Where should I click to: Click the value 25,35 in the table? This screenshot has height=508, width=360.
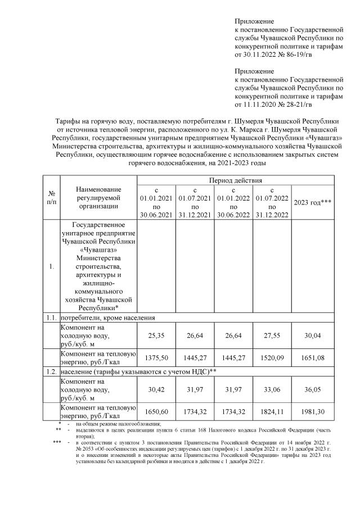click(x=156, y=335)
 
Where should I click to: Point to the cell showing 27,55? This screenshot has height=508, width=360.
click(x=272, y=335)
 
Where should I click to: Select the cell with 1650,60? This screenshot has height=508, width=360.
click(x=156, y=411)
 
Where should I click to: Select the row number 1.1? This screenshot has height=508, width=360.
click(x=52, y=318)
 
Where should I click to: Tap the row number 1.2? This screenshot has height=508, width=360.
click(x=52, y=373)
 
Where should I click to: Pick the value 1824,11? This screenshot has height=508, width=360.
click(x=272, y=411)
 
